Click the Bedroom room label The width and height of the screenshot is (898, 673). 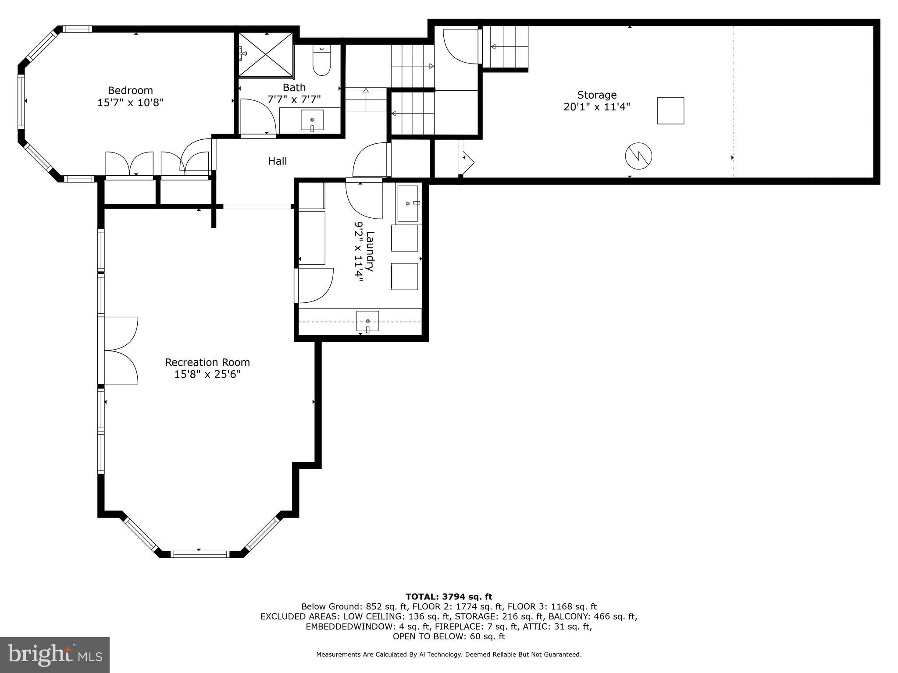130,91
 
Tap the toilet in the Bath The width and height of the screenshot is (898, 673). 321,62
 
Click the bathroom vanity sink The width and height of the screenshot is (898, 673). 312,120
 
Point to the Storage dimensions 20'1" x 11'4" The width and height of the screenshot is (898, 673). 596,107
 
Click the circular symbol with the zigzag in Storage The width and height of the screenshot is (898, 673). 638,156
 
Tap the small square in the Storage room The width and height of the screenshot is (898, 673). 670,111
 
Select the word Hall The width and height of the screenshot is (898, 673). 278,161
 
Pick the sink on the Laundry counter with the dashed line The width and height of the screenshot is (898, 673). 367,321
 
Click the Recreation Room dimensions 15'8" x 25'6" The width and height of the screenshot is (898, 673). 207,375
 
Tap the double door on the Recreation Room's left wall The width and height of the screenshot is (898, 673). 119,351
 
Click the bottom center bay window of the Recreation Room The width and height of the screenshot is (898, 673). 200,554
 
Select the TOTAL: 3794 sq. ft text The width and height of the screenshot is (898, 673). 449,596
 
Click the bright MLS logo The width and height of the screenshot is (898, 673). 55,655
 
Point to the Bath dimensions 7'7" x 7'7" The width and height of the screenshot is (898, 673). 294,99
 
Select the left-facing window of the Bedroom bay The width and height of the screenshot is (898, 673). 21,101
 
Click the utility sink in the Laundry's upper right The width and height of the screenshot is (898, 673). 408,204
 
